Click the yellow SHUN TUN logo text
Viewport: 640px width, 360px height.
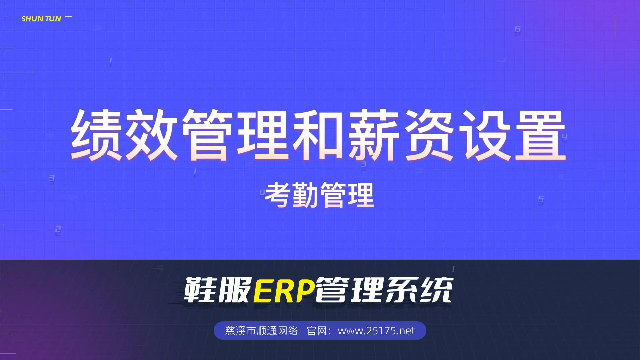[41, 19]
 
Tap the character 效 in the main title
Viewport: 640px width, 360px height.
[152, 135]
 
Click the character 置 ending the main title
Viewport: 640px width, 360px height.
[540, 135]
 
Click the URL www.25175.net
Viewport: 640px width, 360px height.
[376, 331]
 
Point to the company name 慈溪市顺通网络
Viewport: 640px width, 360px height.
[261, 331]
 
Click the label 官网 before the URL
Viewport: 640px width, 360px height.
[317, 331]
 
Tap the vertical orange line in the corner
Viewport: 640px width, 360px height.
[616, 25]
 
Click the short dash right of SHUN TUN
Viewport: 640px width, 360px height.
[68, 16]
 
